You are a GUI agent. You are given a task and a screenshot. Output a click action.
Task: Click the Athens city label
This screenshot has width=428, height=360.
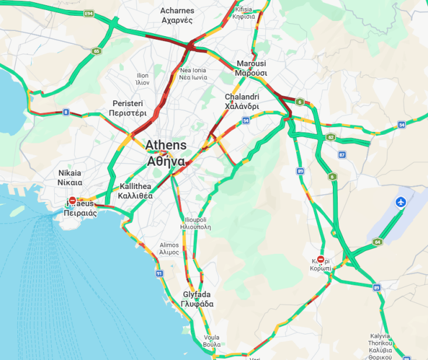click(166, 153)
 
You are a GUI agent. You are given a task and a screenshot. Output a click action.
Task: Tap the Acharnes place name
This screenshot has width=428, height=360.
click(177, 15)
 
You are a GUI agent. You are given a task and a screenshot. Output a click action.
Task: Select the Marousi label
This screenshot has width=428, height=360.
click(251, 68)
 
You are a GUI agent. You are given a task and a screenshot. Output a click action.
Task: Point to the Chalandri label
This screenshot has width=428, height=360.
click(242, 102)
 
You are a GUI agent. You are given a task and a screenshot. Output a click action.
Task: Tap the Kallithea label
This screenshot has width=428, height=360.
click(135, 191)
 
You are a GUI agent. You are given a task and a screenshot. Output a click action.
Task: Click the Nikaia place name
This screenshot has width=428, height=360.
click(70, 177)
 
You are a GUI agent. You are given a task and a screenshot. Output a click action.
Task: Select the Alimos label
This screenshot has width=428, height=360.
click(169, 249)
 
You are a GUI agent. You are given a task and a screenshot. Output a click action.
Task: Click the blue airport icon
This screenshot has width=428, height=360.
click(401, 202)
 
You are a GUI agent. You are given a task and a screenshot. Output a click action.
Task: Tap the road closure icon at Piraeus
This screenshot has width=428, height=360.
click(72, 201)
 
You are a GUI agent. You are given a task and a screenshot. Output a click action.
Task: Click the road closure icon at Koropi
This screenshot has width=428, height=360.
click(320, 259)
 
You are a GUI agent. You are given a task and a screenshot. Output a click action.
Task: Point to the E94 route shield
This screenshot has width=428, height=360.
click(89, 13)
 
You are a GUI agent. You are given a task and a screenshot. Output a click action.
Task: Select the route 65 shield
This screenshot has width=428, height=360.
click(96, 51)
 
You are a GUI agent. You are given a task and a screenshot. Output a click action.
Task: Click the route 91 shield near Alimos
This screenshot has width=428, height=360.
click(159, 273)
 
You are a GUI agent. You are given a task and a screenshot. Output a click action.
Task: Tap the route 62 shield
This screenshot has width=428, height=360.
click(331, 138)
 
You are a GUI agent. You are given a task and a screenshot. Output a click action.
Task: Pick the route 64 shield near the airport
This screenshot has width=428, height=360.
click(378, 242)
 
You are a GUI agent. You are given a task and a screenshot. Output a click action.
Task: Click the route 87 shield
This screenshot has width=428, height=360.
click(342, 155)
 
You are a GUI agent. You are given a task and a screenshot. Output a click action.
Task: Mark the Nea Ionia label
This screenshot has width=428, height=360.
click(192, 74)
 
